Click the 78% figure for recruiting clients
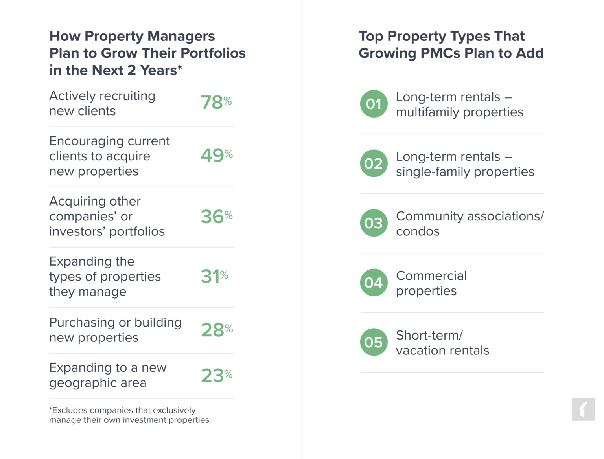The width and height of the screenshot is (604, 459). click(215, 103)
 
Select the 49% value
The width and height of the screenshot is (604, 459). click(216, 155)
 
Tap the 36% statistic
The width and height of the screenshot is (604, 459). click(216, 217)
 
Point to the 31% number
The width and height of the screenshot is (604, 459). click(214, 276)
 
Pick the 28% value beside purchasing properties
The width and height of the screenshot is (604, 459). click(217, 330)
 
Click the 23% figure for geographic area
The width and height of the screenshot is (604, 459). click(216, 375)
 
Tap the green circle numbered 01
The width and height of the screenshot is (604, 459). click(374, 104)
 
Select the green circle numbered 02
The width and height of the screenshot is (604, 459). click(374, 163)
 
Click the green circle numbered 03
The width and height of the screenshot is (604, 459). click(374, 223)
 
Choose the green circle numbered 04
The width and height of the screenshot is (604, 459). click(374, 283)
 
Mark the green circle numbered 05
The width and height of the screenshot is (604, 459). click(374, 342)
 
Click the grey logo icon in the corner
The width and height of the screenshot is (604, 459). click(583, 409)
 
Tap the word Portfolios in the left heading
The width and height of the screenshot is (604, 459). click(210, 53)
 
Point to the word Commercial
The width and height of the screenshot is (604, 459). click(431, 276)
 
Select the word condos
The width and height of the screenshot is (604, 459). click(418, 231)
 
